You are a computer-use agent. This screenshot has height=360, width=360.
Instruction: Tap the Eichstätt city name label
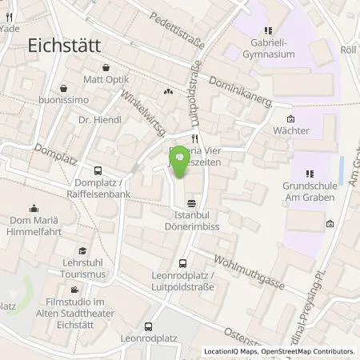click(x=64, y=46)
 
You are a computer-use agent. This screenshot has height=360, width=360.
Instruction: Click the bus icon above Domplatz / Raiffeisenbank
click(x=98, y=170)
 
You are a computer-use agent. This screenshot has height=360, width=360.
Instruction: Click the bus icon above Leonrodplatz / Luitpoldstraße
click(x=183, y=262)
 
